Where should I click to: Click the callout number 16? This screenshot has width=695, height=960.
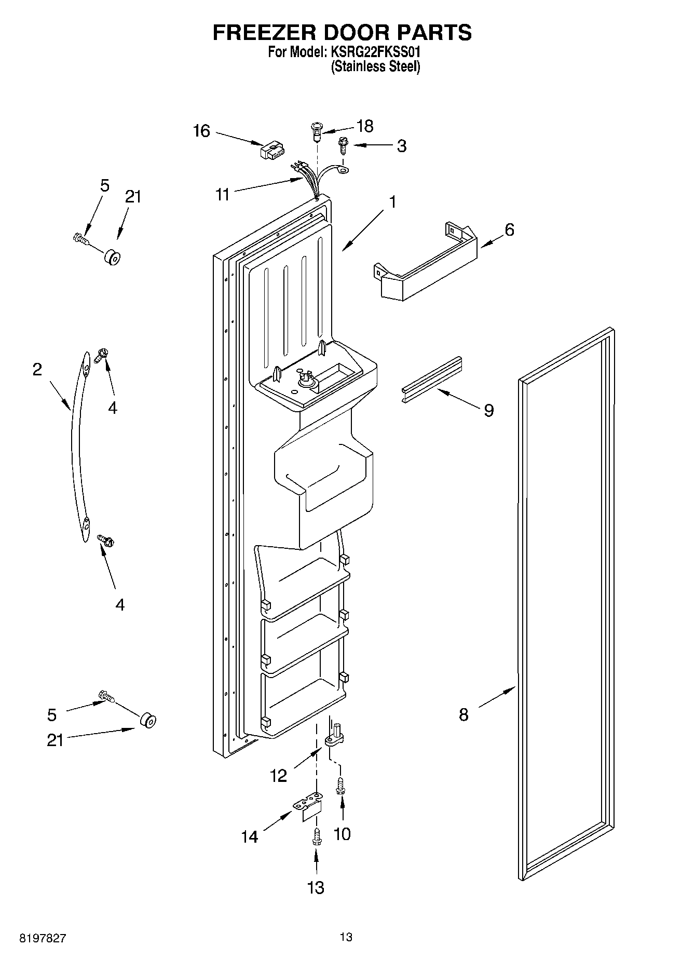[x=201, y=131]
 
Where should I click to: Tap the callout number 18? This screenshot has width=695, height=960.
[x=365, y=126]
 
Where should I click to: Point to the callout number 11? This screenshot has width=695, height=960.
[x=222, y=195]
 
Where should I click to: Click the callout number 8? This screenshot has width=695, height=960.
[x=464, y=714]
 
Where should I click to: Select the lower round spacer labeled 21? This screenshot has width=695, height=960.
[x=148, y=721]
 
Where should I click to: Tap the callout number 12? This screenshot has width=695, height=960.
[x=278, y=776]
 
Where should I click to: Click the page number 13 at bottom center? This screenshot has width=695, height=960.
[x=346, y=937]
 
